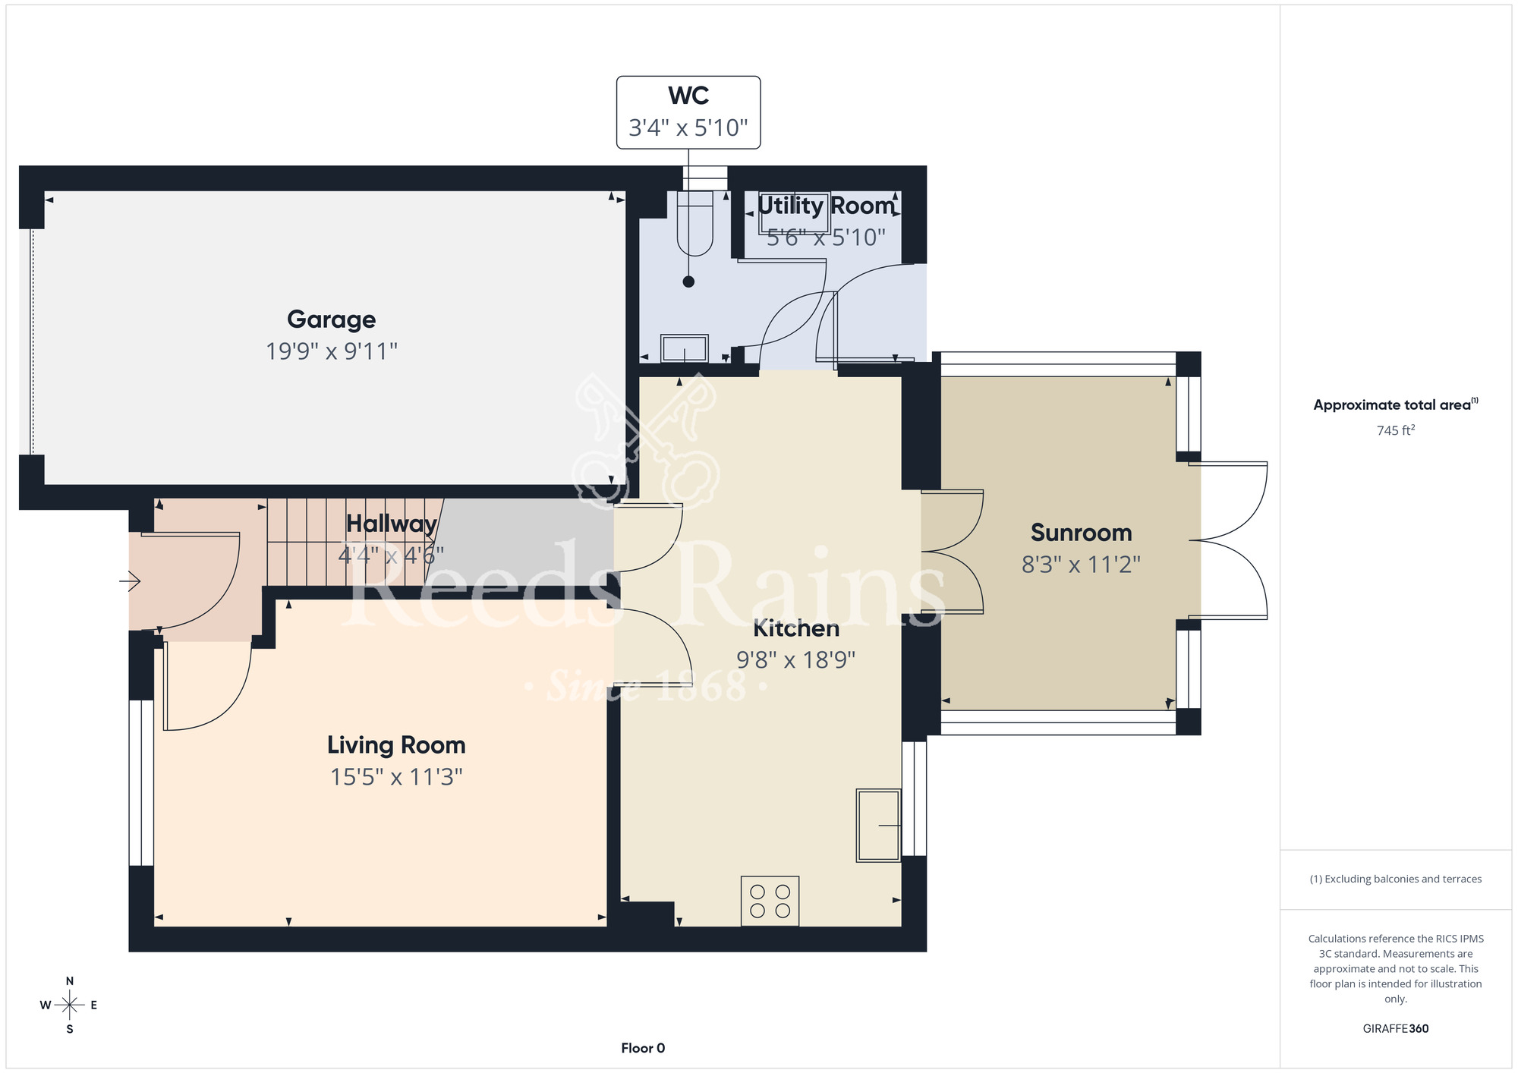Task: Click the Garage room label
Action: [x=331, y=319]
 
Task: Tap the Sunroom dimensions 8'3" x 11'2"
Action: [x=1081, y=565]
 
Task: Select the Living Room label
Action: [x=396, y=745]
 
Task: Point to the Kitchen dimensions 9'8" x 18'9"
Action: [x=795, y=659]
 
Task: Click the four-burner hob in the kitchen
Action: [x=770, y=901]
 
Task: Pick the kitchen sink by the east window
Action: [x=878, y=825]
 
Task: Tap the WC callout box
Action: [x=688, y=112]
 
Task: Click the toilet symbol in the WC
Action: [x=694, y=223]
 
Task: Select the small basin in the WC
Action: [x=685, y=349]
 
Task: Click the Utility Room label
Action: [x=826, y=205]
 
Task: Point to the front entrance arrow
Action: [x=130, y=582]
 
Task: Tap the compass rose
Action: [x=69, y=1005]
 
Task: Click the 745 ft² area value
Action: [x=1395, y=430]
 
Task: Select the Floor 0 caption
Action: [x=643, y=1048]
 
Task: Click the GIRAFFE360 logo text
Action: [x=1395, y=1029]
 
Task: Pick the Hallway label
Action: [x=391, y=524]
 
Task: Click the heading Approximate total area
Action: [x=1395, y=404]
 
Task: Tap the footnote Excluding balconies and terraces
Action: [x=1395, y=879]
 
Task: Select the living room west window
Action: [x=141, y=782]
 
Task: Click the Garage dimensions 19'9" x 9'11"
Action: [x=331, y=351]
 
